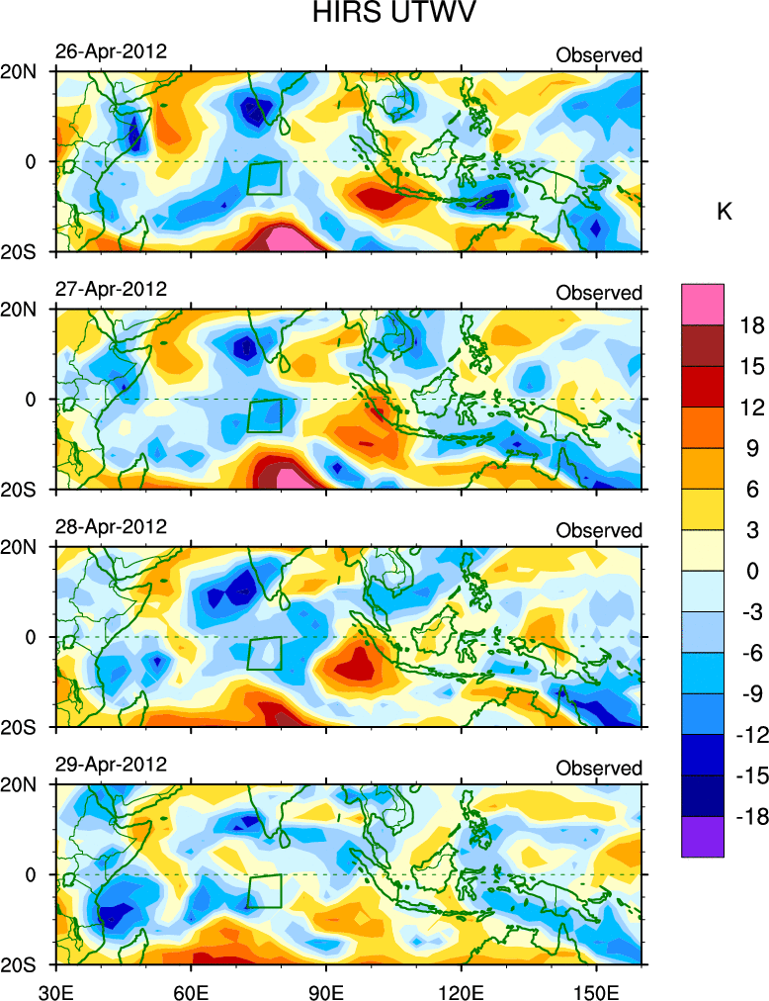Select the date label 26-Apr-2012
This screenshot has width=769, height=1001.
[x=111, y=51]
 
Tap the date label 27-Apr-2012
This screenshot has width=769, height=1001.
[x=111, y=289]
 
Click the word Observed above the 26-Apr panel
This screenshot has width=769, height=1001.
[x=599, y=55]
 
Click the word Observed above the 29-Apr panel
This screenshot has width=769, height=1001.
[x=599, y=769]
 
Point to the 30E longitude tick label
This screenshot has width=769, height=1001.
[x=54, y=987]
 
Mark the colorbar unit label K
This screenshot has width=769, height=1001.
[x=725, y=211]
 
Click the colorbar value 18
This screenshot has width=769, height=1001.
[x=753, y=325]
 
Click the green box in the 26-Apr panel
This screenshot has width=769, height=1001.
[x=265, y=178]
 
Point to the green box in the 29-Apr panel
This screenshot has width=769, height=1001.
[x=265, y=891]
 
